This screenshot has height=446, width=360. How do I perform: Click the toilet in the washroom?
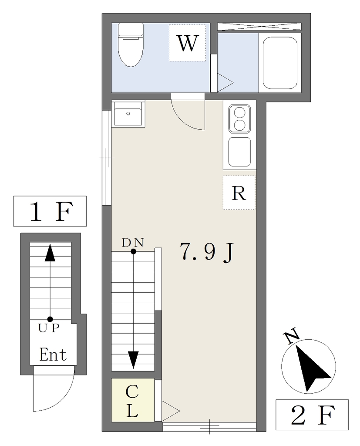pos(131,45)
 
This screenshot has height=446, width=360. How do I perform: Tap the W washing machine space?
pos(187,43)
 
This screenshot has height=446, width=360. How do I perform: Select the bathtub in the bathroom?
pos(280,63)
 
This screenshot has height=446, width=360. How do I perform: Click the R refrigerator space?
pos(239,193)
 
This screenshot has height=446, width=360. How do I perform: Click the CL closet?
pos(132,400)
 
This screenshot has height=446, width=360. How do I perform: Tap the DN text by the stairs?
pos(133,243)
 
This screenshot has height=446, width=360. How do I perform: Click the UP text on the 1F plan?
pos(49,328)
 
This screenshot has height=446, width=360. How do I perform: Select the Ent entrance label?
pos(53,355)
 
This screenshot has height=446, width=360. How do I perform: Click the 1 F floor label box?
pos(50,211)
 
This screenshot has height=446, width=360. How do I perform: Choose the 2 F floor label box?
pos(312,415)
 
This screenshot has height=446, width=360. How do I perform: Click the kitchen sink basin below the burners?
pos(240,152)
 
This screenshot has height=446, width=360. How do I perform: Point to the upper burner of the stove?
pos(239,112)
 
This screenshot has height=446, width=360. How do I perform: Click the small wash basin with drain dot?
pos(128,114)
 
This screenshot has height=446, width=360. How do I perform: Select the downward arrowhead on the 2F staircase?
pos(133,360)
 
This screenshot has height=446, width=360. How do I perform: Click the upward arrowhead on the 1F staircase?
pos(50,253)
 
